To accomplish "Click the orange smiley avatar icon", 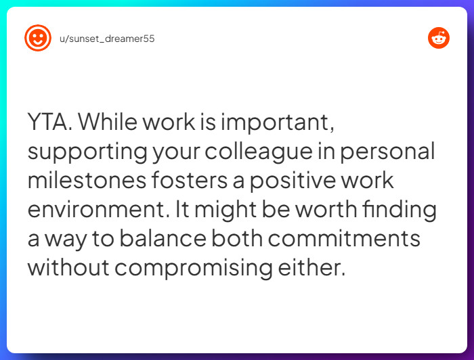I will [38, 38].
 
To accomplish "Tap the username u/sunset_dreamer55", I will [107, 39].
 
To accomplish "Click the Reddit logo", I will [439, 38].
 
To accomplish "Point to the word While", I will [110, 122].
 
